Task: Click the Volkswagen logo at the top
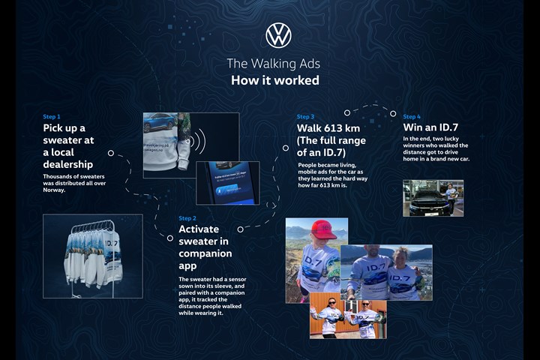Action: (x=278, y=35)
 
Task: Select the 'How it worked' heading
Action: (x=274, y=80)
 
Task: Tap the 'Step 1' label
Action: (x=52, y=117)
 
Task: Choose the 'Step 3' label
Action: (x=305, y=117)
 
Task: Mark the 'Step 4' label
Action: (x=412, y=117)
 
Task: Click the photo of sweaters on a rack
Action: (x=93, y=256)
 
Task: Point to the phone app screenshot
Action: (x=227, y=182)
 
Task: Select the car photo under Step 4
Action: (x=433, y=198)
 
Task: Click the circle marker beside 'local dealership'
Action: (x=111, y=153)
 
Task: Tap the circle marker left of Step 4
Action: (x=393, y=114)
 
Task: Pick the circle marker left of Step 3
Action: (x=286, y=148)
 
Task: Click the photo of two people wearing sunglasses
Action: (x=348, y=315)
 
